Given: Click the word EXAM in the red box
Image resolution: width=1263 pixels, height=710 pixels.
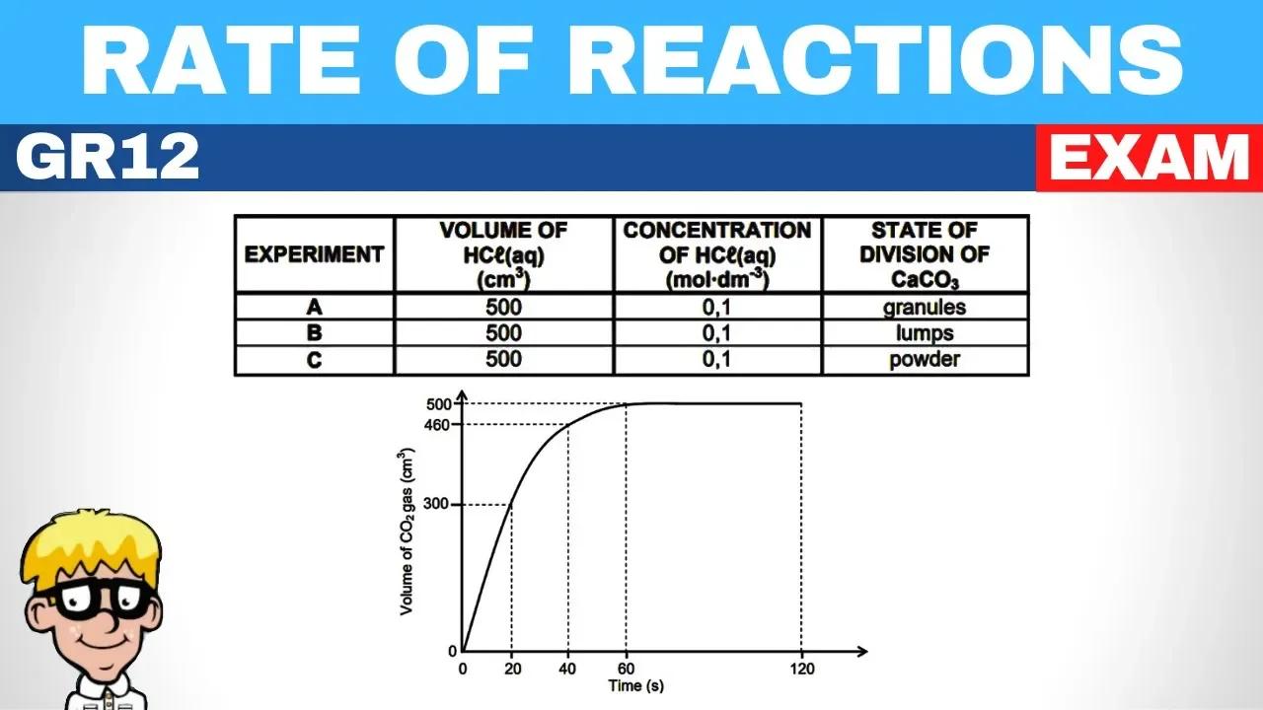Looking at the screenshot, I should point(1148,158).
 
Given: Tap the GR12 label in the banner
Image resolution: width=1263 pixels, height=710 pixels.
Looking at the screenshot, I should point(108,158).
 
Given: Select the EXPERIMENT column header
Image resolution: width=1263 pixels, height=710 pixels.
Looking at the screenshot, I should point(314,254).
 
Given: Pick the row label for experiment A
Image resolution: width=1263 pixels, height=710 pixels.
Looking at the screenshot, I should point(314,307).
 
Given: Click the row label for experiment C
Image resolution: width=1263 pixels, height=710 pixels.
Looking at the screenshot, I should point(314,360).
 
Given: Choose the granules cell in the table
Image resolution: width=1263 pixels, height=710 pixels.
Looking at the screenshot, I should point(925,307).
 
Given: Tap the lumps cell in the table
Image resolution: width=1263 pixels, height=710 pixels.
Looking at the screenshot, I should point(925,333).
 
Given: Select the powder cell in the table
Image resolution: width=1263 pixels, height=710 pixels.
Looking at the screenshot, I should point(925,360).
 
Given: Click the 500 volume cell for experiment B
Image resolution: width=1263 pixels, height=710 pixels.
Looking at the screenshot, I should point(503,333).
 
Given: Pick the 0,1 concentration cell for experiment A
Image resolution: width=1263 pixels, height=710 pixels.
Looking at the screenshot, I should point(716,307).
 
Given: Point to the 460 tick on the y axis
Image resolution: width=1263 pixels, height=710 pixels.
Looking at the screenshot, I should point(439,425).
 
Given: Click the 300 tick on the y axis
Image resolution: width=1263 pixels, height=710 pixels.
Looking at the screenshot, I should point(439,505).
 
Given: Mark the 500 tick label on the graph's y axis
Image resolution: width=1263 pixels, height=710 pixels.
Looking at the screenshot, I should point(439,403).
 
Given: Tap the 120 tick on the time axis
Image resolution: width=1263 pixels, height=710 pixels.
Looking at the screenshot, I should point(800,670).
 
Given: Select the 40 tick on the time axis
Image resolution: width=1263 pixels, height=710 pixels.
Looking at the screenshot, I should point(568,670).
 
